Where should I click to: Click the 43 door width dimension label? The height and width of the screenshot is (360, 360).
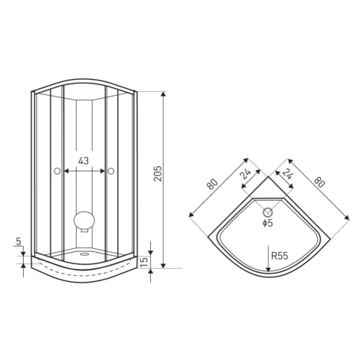[83, 161]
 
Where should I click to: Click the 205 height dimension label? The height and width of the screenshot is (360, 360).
[158, 174]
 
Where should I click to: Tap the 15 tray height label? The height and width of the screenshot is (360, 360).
[144, 261]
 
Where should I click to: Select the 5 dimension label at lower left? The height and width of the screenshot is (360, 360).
[18, 241]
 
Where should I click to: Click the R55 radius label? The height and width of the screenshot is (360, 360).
[280, 256]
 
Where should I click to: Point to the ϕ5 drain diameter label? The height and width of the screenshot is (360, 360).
[268, 223]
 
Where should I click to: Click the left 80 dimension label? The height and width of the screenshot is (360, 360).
[212, 184]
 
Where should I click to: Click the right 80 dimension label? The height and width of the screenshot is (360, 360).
[319, 182]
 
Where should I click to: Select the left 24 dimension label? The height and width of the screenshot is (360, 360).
[245, 175]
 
